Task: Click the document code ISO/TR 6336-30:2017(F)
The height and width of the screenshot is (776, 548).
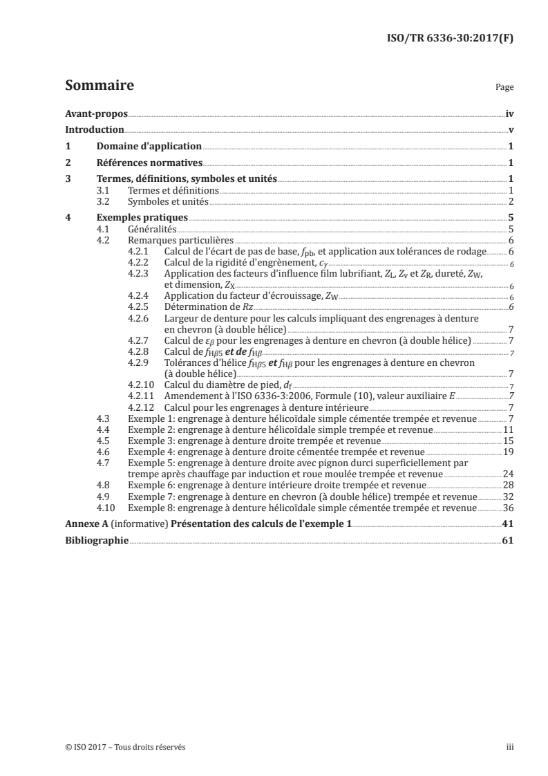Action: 450,39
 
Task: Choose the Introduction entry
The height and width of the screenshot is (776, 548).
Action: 94,129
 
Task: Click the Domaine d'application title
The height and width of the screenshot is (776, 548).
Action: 149,147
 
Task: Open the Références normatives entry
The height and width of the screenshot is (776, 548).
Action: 149,163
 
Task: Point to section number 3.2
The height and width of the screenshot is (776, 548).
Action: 103,201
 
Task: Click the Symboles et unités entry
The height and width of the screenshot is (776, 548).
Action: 168,201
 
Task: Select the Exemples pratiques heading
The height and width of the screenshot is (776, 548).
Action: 142,218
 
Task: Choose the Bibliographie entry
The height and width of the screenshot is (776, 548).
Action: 96,541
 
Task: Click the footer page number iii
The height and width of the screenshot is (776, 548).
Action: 510,747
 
